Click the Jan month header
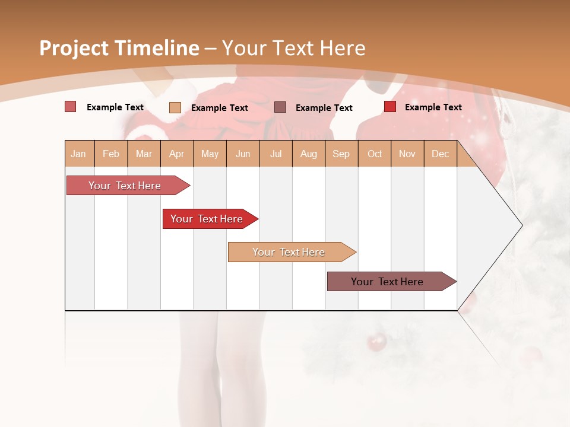pyautogui.click(x=78, y=154)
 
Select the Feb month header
pyautogui.click(x=111, y=154)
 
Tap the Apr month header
pyautogui.click(x=176, y=154)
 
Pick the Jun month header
pyautogui.click(x=243, y=154)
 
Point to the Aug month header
pyautogui.click(x=308, y=154)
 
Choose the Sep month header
pyautogui.click(x=341, y=154)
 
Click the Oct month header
pyautogui.click(x=375, y=154)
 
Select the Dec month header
pyautogui.click(x=440, y=154)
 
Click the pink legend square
pyautogui.click(x=70, y=107)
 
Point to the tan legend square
pyautogui.click(x=175, y=107)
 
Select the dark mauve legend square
pyautogui.click(x=280, y=107)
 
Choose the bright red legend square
pyautogui.click(x=390, y=107)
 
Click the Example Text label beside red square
pyautogui.click(x=433, y=107)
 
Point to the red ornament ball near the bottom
pyautogui.click(x=376, y=342)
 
